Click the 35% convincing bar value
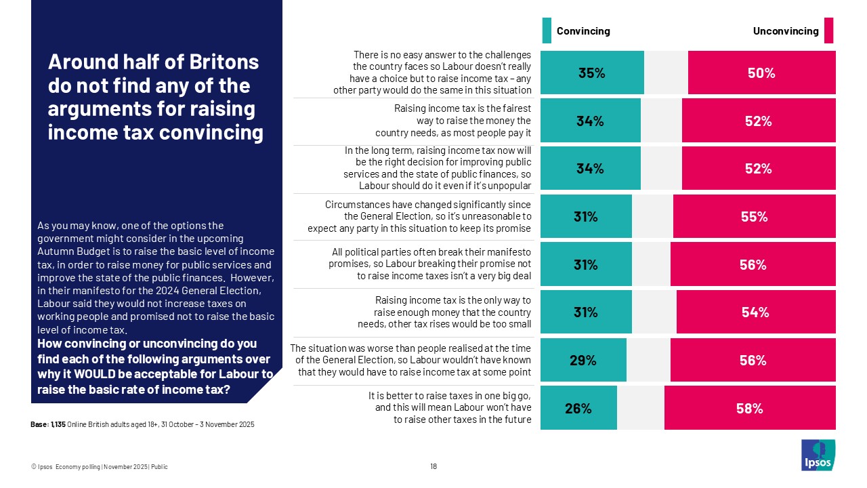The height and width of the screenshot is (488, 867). click(591, 74)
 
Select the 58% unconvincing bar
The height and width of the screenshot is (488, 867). click(750, 408)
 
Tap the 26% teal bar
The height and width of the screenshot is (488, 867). click(579, 408)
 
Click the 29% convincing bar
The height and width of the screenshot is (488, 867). click(583, 361)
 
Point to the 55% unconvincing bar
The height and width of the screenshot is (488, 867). click(754, 217)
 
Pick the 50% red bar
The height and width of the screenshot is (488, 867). click(761, 74)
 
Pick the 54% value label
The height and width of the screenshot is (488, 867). click(755, 312)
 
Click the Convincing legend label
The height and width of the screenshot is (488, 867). click(583, 31)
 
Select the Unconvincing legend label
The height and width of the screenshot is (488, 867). click(786, 31)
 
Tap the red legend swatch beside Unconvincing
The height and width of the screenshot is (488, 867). click(828, 30)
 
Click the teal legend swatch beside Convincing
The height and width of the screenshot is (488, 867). click(547, 30)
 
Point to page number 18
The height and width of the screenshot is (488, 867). click(433, 466)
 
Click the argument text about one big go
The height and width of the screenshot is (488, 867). click(449, 407)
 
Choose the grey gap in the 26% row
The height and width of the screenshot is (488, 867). click(640, 408)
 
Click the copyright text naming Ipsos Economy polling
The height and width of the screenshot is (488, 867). click(100, 466)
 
